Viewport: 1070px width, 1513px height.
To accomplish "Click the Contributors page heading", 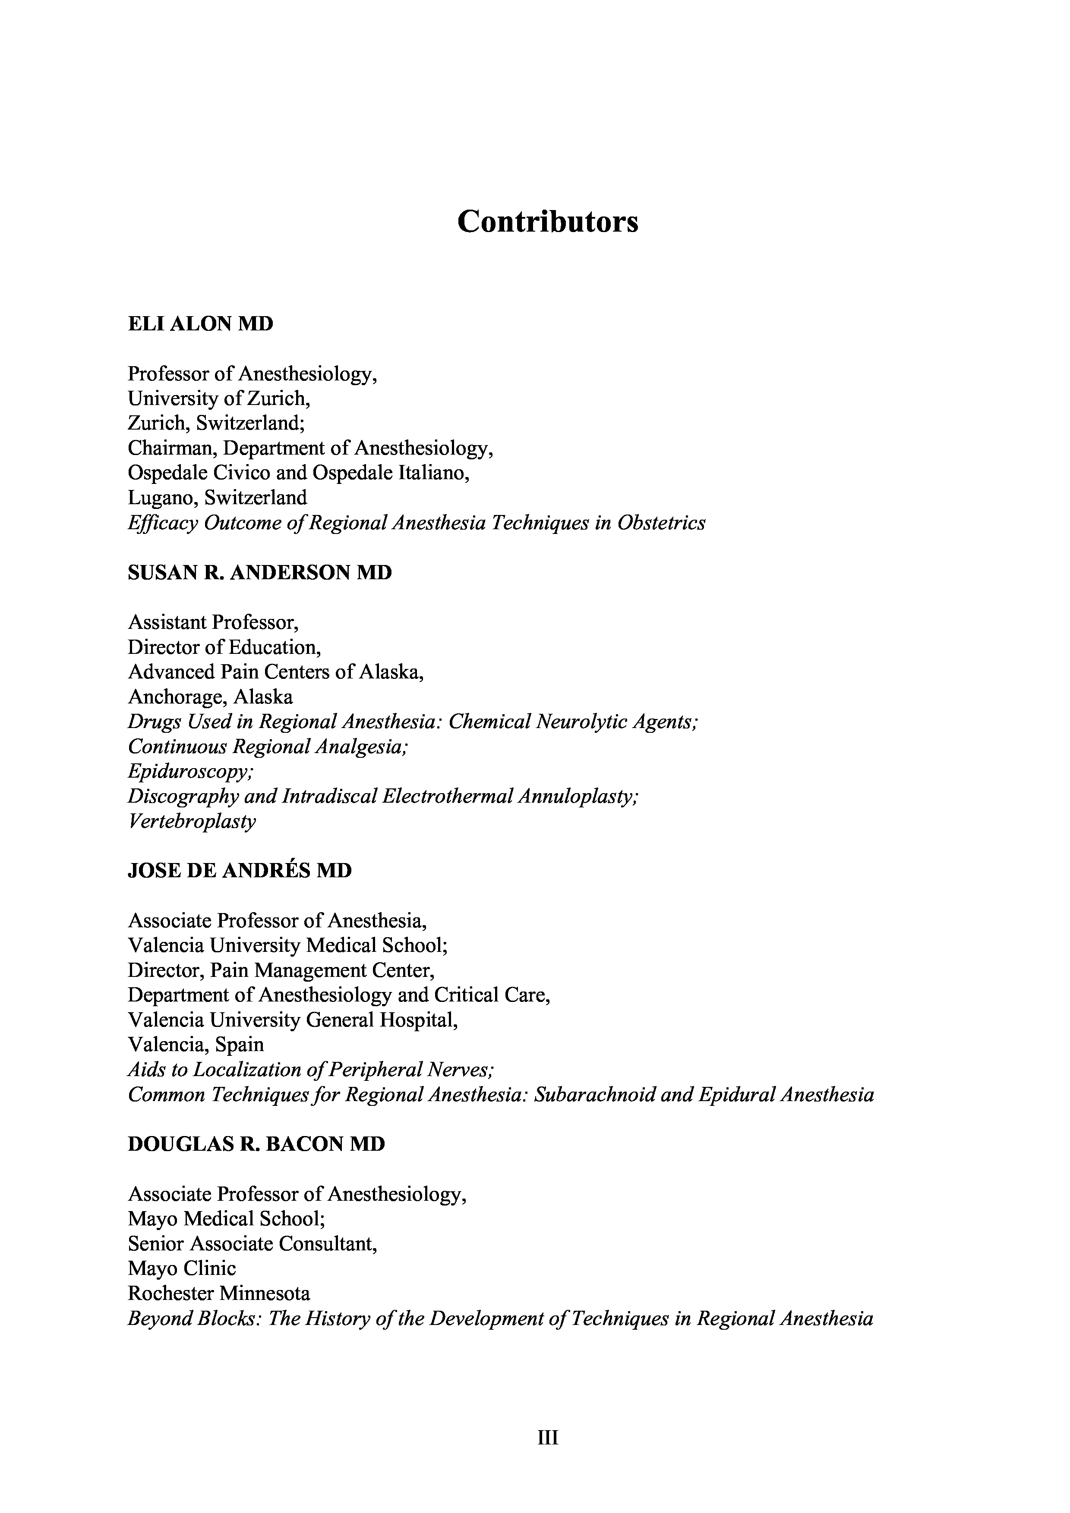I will [x=547, y=221].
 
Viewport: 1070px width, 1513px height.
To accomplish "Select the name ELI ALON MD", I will [x=200, y=324].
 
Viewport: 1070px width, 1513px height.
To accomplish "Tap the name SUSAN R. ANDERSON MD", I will [x=260, y=573].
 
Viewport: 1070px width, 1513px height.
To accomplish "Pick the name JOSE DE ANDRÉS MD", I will [x=239, y=871].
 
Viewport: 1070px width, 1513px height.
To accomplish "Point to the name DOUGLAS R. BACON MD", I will [x=256, y=1144].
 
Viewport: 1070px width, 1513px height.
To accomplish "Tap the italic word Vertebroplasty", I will [x=192, y=822].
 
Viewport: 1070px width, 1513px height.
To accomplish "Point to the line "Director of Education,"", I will [x=224, y=647].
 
